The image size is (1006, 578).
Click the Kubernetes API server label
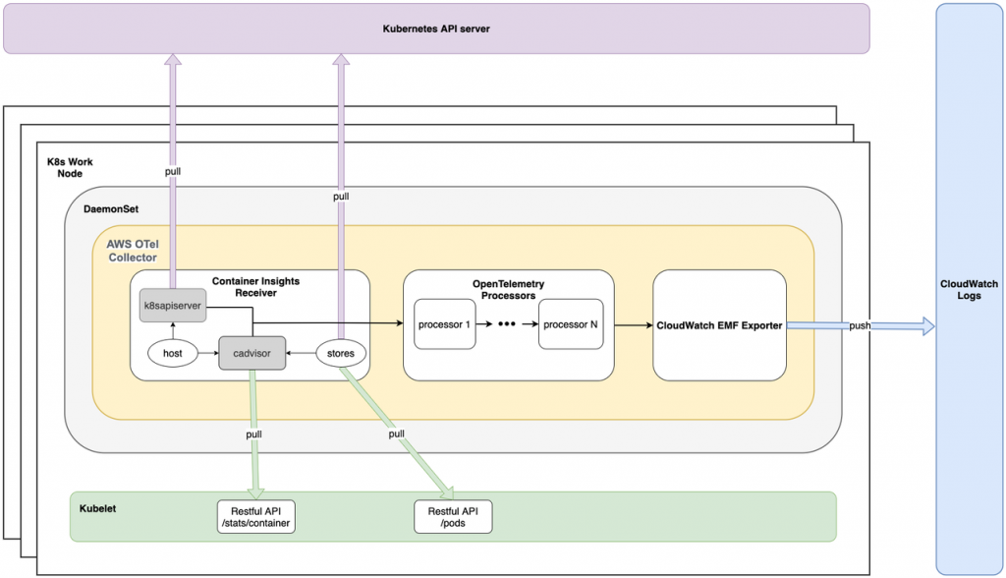click(x=435, y=29)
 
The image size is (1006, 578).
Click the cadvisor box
click(x=251, y=351)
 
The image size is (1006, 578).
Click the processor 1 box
click(x=445, y=323)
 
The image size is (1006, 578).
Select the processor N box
click(x=570, y=323)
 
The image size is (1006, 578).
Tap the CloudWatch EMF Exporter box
click(x=718, y=324)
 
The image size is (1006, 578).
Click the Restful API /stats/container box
click(x=255, y=517)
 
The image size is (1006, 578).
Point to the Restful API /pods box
click(x=453, y=517)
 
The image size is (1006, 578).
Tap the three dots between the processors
click(x=507, y=323)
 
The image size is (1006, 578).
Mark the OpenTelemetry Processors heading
click(x=508, y=290)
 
